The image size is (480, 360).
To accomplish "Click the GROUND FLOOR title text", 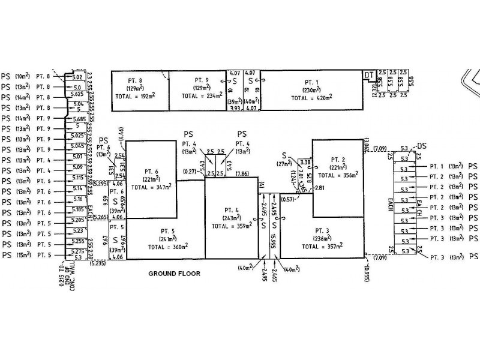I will [174, 273].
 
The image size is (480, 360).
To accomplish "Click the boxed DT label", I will [370, 75].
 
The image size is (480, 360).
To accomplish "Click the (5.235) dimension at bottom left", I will [98, 262].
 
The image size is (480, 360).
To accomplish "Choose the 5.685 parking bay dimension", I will [77, 118].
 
